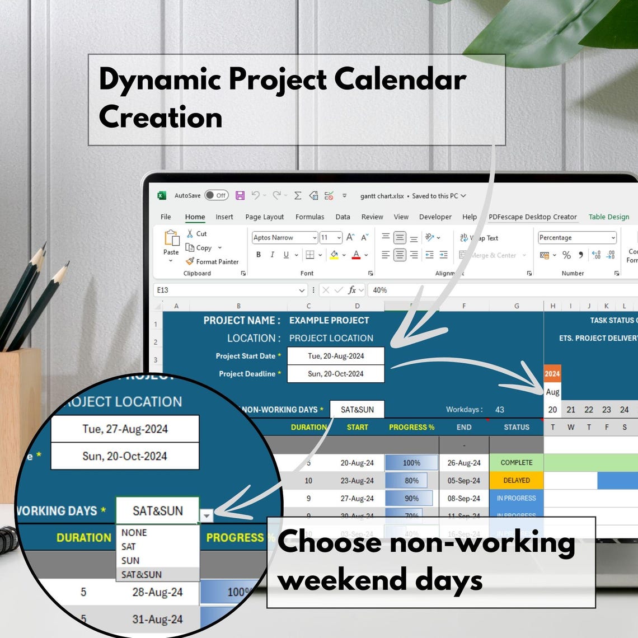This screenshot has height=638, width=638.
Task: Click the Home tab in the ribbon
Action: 195,217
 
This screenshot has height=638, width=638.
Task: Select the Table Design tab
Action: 608,217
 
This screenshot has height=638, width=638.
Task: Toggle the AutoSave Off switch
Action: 216,195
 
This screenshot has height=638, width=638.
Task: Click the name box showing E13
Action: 226,290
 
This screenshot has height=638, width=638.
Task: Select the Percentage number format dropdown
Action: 577,238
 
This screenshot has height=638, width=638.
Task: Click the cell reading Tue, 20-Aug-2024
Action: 336,356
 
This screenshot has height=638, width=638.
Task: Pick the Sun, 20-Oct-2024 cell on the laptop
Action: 336,374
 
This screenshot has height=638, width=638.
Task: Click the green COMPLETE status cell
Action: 517,463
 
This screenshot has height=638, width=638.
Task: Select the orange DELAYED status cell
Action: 517,481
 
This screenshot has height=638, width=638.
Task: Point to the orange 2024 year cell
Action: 552,374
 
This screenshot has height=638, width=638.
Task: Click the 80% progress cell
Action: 411,481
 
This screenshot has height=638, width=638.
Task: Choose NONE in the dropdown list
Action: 134,533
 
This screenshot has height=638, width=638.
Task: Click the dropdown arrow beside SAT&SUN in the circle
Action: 207,515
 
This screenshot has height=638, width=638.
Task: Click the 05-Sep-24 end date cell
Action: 464,481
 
